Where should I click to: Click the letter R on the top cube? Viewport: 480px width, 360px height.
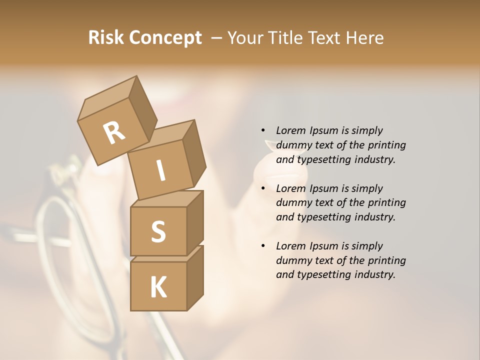click(114, 132)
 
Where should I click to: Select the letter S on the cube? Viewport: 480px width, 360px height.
click(158, 231)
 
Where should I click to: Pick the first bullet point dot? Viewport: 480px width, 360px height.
click(263, 130)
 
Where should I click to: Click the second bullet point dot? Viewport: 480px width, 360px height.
click(263, 188)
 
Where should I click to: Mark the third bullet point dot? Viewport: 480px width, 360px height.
click(263, 246)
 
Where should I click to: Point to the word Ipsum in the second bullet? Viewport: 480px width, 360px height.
click(324, 188)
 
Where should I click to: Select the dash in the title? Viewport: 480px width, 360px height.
click(217, 38)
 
